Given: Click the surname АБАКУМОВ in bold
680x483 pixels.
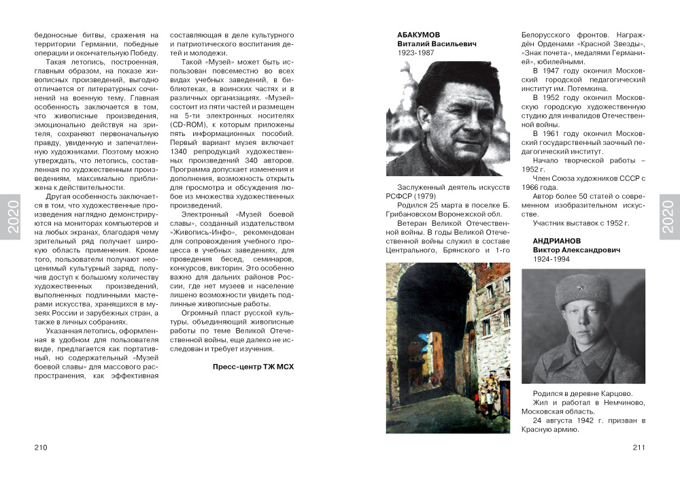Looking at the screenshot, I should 419,34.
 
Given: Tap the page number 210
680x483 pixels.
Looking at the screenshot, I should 40,447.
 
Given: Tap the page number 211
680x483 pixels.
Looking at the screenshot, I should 638,447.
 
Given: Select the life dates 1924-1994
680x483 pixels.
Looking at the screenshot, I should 551,260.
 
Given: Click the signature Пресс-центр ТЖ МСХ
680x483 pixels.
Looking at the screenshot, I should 253,367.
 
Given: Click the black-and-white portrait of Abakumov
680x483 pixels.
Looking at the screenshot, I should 447,118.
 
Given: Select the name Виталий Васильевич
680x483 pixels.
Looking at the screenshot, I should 437,44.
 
